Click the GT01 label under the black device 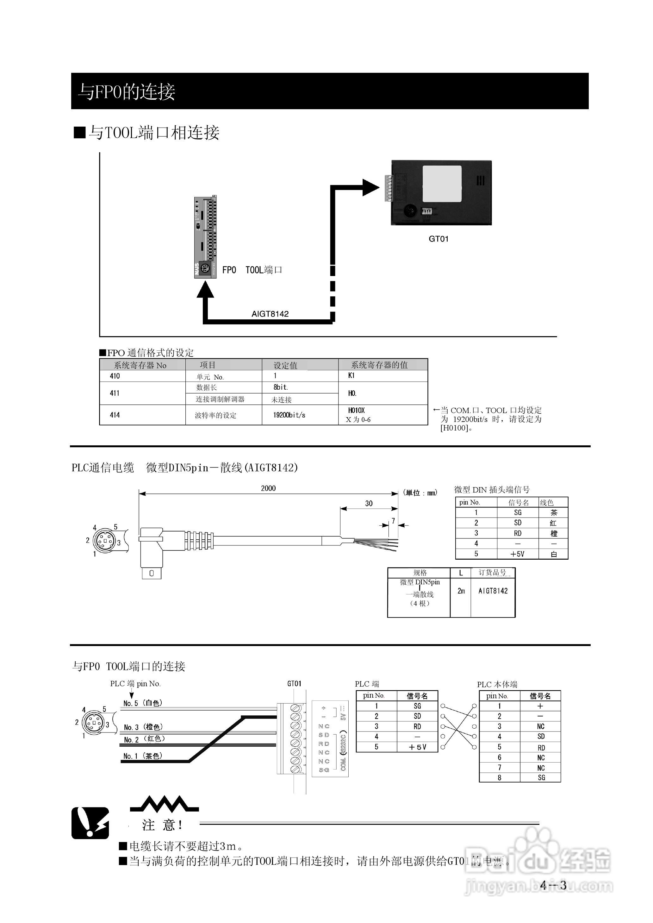click(x=438, y=239)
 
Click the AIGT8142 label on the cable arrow click(x=270, y=314)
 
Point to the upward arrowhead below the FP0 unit click(x=205, y=290)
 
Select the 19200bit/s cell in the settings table click(x=289, y=415)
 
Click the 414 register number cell click(x=115, y=415)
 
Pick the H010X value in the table click(x=356, y=411)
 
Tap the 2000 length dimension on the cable click(x=268, y=488)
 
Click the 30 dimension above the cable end click(x=369, y=504)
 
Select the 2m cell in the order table click(x=461, y=591)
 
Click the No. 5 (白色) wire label click(x=143, y=703)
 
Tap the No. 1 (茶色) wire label click(x=143, y=756)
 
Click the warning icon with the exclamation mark click(x=90, y=823)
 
